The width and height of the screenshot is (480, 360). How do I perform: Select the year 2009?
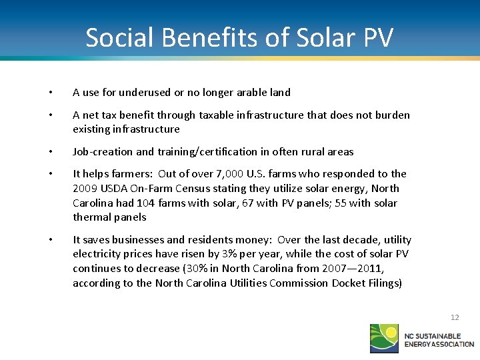(x=85, y=188)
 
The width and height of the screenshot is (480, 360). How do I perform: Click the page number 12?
(x=455, y=317)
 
